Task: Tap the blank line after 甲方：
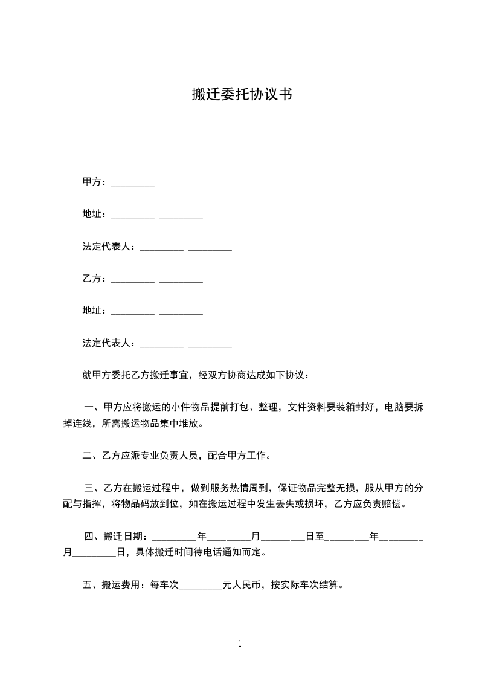point(133,183)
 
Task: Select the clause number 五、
point(92,584)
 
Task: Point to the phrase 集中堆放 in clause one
point(178,423)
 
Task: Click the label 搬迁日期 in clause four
point(124,535)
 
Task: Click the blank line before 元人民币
point(201,585)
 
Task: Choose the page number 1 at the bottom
point(240,644)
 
